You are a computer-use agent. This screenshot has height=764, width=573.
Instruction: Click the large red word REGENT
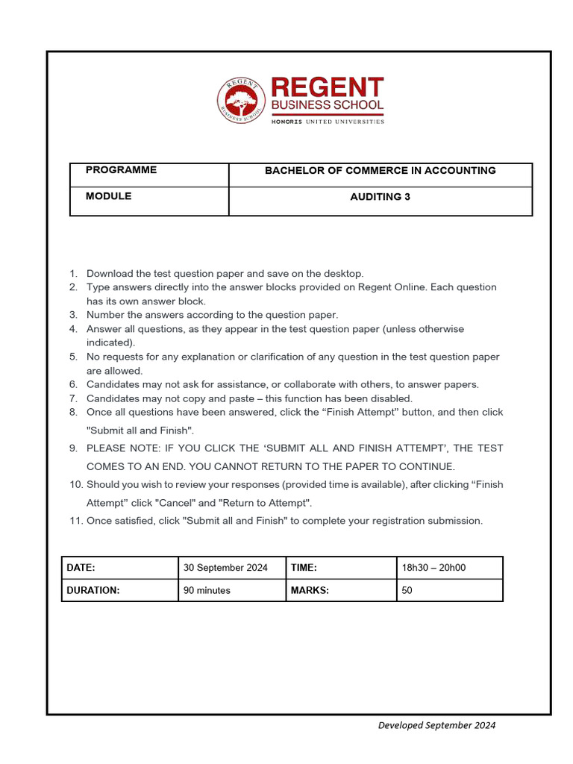point(327,87)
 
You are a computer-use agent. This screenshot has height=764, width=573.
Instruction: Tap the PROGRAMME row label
point(121,170)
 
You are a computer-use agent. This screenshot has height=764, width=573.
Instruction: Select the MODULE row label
point(108,196)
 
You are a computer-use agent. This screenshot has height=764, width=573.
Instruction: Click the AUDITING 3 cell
point(380,198)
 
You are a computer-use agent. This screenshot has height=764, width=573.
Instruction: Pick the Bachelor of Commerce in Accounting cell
point(380,171)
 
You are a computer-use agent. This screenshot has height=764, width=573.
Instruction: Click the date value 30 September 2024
point(225,568)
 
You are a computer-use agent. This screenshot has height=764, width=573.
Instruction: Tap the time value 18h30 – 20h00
point(433,568)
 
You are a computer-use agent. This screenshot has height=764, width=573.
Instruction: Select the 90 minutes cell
point(207,590)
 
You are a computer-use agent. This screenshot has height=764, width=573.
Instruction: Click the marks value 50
point(407,590)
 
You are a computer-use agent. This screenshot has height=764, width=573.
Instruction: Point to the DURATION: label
point(93,590)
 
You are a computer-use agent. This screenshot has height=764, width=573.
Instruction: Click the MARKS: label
point(310,590)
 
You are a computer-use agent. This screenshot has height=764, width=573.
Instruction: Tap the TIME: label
point(304,568)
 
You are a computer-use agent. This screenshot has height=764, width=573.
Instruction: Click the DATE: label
point(81,568)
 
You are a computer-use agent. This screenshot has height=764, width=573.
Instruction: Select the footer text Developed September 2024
point(436,725)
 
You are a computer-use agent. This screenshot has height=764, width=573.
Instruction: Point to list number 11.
point(75,521)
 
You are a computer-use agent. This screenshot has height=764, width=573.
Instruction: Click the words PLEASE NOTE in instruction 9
point(119,448)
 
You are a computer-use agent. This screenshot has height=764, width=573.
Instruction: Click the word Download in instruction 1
point(109,274)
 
